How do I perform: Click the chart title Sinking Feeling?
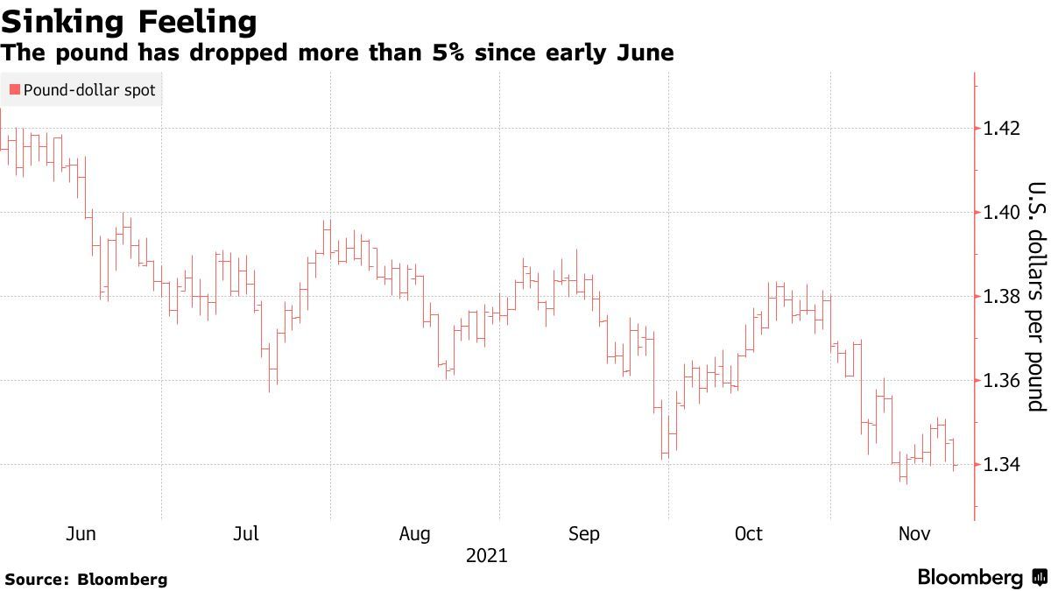click(129, 21)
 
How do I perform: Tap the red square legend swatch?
click(15, 89)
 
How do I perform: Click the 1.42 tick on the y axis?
click(1002, 129)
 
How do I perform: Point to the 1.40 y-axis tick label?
click(1002, 213)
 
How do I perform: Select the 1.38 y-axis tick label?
click(1002, 297)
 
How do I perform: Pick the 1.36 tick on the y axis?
click(1002, 381)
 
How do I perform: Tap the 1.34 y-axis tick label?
click(1002, 465)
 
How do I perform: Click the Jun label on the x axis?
click(81, 534)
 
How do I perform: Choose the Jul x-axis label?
click(245, 534)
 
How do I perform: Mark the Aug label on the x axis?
click(414, 534)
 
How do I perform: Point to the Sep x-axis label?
click(583, 534)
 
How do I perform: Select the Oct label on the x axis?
click(749, 534)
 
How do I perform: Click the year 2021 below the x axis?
click(486, 555)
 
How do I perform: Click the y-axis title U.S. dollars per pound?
click(1036, 296)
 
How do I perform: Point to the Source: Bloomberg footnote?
click(86, 579)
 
